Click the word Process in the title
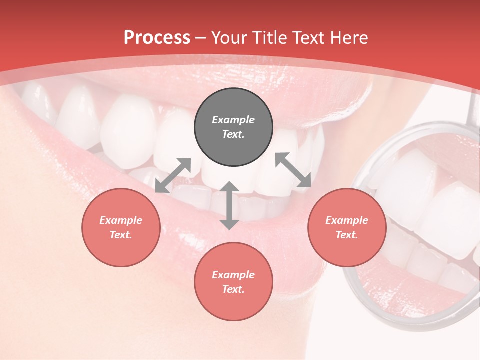click(157, 38)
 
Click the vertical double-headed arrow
click(229, 205)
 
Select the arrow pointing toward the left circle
click(173, 175)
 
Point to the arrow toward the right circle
click(293, 170)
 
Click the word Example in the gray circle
click(233, 120)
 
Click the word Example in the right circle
click(346, 220)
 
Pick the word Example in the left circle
click(121, 220)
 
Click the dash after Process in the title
click(201, 38)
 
